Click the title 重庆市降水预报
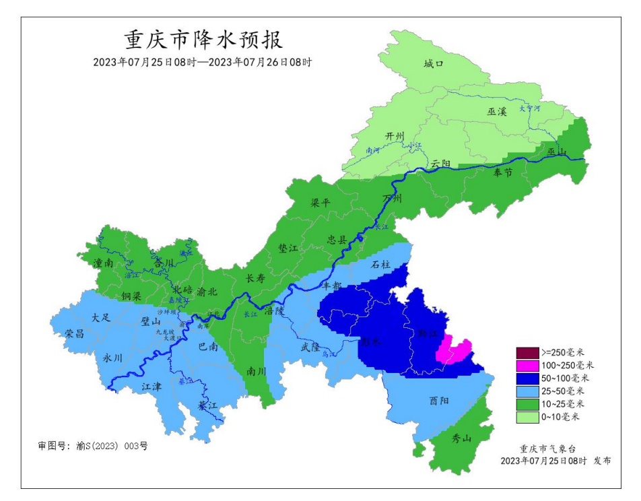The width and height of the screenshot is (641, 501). [x=203, y=40]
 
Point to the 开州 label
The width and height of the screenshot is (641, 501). [x=394, y=135]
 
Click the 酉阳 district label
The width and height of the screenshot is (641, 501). [x=438, y=399]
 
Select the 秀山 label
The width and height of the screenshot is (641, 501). [x=461, y=439]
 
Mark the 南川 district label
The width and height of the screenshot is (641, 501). [x=257, y=370]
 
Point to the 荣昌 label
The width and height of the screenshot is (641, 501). [x=75, y=334]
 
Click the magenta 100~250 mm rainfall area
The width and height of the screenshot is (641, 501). [x=454, y=351]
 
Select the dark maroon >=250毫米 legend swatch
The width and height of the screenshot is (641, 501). [x=528, y=353]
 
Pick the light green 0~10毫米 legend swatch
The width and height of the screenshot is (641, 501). [x=528, y=417]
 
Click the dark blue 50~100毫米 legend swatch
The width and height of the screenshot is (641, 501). [x=528, y=378]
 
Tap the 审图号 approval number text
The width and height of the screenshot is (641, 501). [x=92, y=446]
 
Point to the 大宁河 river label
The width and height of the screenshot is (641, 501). [x=529, y=108]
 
